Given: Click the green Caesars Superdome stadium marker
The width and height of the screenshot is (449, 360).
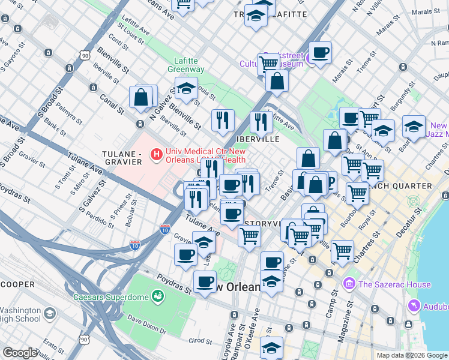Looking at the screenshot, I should pos(158,295).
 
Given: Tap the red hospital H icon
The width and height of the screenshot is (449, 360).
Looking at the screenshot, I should pos(157,155).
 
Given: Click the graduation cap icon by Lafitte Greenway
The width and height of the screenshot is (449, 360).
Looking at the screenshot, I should pos(186,89).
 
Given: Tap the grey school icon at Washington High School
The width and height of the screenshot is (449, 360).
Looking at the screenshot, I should pos(49,313).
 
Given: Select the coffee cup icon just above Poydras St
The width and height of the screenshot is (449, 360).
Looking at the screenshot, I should pos(205,280).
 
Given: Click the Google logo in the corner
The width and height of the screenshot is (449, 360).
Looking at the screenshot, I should pos(20,352).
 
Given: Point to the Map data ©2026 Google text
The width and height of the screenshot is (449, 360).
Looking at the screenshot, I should pos(411,355).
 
